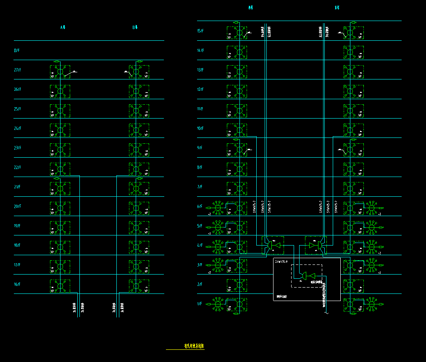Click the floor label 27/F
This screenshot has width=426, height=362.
17,70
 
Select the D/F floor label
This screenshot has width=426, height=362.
16,50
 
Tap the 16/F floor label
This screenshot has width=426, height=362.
17,284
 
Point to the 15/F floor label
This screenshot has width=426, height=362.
200,31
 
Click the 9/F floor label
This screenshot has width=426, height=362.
200,148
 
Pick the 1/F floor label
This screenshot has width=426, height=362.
200,304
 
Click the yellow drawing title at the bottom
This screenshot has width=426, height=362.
194,346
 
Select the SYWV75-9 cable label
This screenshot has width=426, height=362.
281,262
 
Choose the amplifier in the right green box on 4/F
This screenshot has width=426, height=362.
316,245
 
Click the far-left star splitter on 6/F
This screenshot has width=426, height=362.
218,206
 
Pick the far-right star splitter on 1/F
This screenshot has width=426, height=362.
371,304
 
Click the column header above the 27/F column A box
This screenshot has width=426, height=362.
63,27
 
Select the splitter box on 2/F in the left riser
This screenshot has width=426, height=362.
237,284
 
